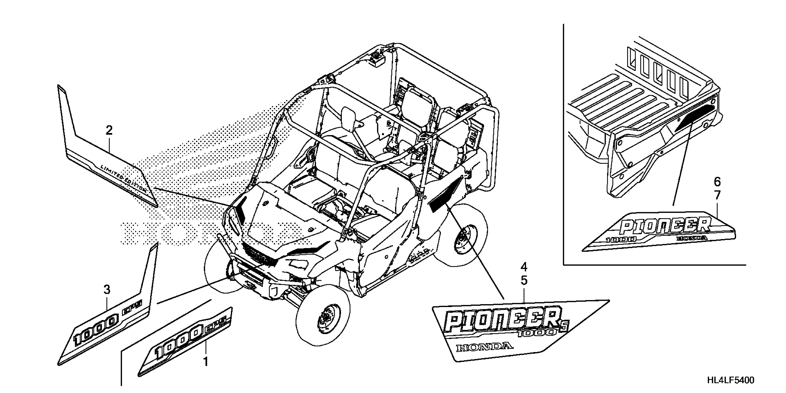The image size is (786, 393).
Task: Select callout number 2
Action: (109, 131)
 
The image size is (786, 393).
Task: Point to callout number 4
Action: (524, 267)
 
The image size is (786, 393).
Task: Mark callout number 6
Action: (717, 182)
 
